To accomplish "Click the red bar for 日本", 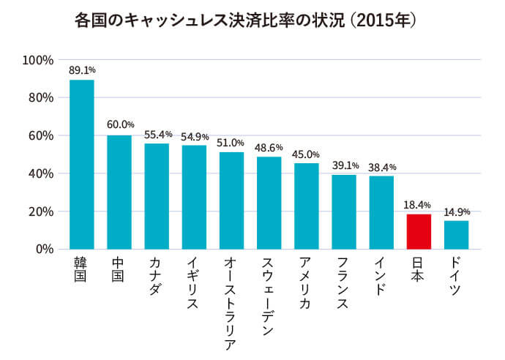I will [x=419, y=231].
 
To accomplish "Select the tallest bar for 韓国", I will [x=82, y=165].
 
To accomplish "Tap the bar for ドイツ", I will [x=456, y=235].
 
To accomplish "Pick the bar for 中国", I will [x=119, y=192].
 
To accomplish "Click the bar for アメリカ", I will [x=307, y=206].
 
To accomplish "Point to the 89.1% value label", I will [x=82, y=71].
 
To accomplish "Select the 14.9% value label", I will [x=456, y=212].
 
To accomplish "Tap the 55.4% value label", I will [x=157, y=135].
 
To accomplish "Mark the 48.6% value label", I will [x=269, y=148].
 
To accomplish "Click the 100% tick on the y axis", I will [x=37, y=59].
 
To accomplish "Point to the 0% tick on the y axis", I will [x=43, y=250].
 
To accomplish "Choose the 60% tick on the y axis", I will [x=40, y=135].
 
